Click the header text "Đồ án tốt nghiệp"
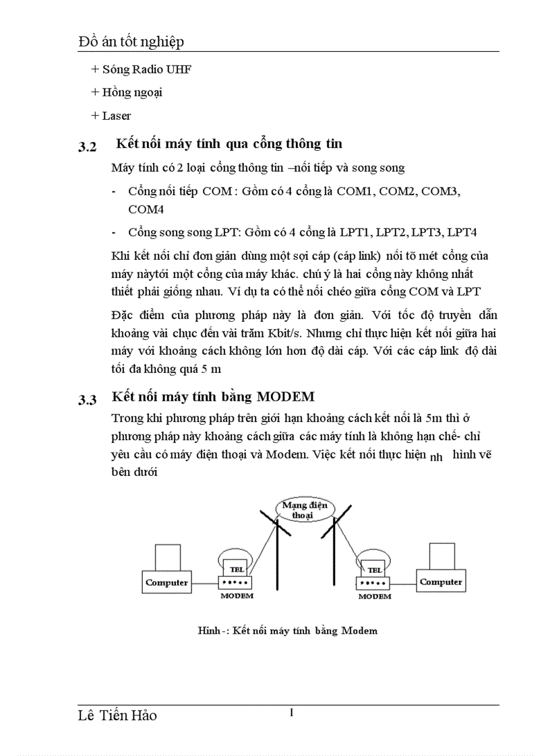click(131, 42)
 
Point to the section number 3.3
click(88, 401)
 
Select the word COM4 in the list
click(146, 209)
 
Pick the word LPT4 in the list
click(462, 232)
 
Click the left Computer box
click(166, 582)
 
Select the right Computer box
click(441, 582)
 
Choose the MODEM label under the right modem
click(375, 596)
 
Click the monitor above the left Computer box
click(167, 557)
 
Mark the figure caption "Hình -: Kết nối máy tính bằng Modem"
click(288, 631)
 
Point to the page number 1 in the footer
click(291, 713)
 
